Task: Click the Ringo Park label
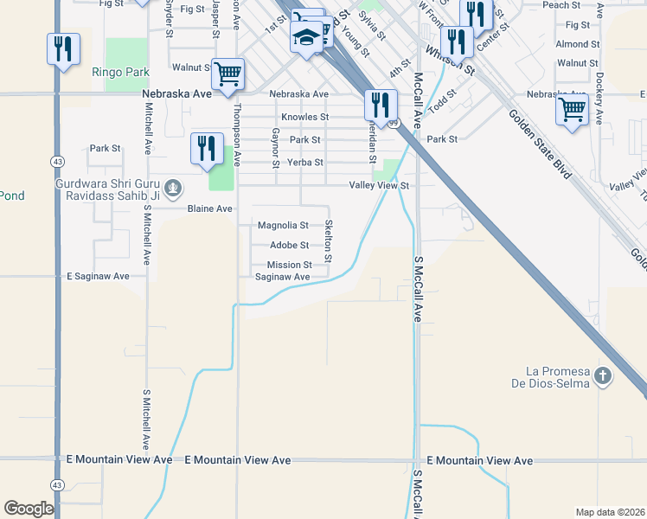click(120, 73)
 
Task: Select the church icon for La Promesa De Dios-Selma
click(603, 376)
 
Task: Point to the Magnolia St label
click(283, 226)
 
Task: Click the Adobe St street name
click(290, 246)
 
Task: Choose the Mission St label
click(289, 266)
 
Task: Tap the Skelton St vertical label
click(329, 241)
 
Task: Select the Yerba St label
click(306, 162)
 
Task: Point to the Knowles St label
click(305, 117)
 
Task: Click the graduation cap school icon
click(306, 37)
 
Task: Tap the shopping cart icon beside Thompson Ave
click(227, 74)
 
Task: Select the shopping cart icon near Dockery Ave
click(572, 110)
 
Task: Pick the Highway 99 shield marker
click(394, 124)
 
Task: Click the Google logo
click(29, 509)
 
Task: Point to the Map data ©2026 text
click(609, 512)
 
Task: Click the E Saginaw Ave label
click(98, 277)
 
